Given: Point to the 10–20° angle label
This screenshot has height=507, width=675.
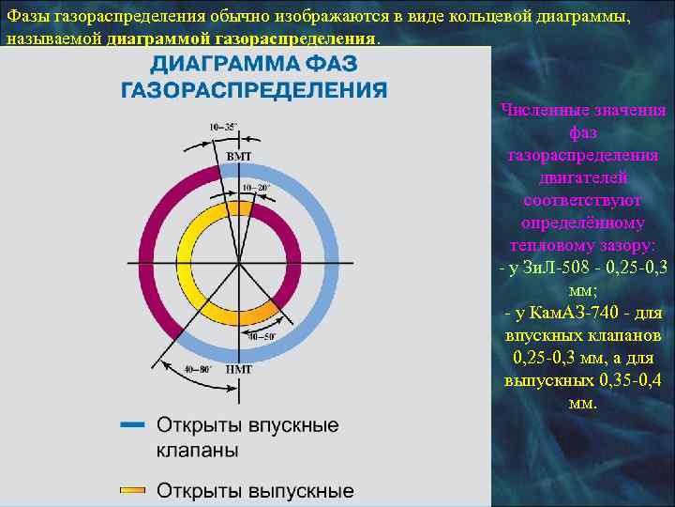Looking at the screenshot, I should [x=255, y=188].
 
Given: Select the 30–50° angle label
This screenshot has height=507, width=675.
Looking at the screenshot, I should [x=262, y=336].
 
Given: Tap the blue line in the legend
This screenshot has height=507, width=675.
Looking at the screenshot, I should [x=132, y=425].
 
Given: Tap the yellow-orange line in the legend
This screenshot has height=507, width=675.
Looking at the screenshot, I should [x=132, y=490].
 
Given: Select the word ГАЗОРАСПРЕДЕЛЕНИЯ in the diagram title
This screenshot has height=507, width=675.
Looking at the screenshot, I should [x=254, y=90].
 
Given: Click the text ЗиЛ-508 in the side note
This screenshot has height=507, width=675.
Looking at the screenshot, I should [x=546, y=269].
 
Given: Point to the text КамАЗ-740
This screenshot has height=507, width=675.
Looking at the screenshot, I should [x=566, y=313].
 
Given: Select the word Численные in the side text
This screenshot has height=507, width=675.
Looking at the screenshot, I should [x=538, y=111].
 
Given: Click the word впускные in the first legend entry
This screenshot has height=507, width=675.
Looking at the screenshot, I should [x=293, y=425].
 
